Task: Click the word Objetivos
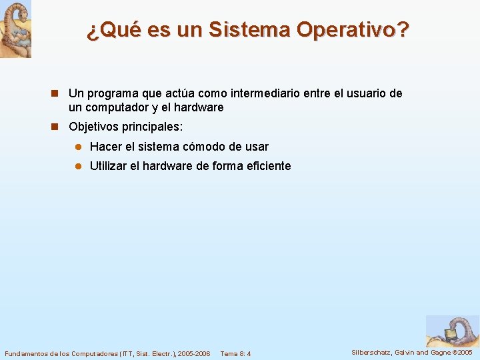coord(93,127)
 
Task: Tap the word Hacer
coord(105,146)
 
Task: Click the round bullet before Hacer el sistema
coord(77,147)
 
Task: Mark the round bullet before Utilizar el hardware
coord(77,166)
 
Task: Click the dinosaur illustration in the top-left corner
coord(15,29)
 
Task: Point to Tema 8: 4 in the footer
coord(235,353)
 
